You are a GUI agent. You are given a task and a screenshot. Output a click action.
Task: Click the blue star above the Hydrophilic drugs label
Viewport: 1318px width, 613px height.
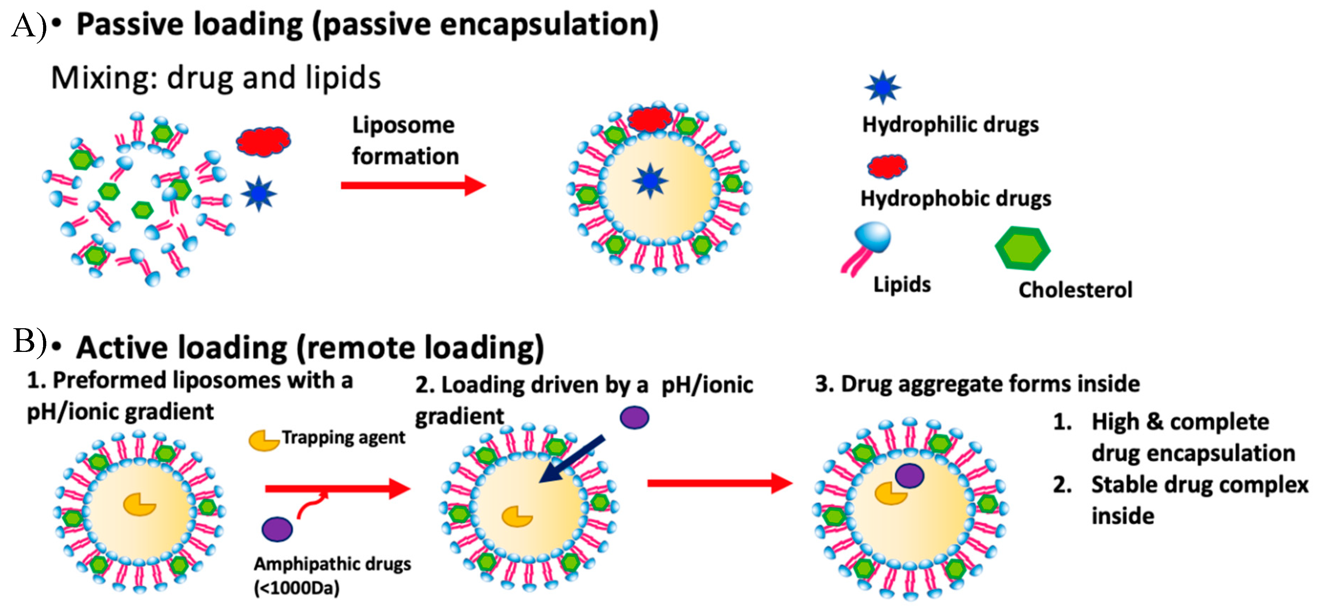(882, 88)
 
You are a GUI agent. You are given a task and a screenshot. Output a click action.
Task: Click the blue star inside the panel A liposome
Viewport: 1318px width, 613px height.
(650, 180)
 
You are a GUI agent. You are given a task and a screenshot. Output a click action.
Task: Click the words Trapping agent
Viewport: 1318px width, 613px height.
(343, 437)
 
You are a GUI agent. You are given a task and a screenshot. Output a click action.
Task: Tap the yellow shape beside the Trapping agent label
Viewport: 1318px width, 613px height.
(263, 440)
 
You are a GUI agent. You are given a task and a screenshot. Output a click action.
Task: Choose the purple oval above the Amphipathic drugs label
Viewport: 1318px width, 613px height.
(277, 529)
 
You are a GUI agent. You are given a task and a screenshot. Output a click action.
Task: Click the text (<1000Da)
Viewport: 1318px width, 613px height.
(297, 588)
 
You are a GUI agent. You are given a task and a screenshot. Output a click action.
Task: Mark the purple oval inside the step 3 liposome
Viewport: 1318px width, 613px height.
(909, 475)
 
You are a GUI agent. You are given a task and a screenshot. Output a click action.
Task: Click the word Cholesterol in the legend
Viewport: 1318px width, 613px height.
(1075, 290)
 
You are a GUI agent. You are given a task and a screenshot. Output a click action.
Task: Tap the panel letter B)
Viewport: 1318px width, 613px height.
(30, 341)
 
